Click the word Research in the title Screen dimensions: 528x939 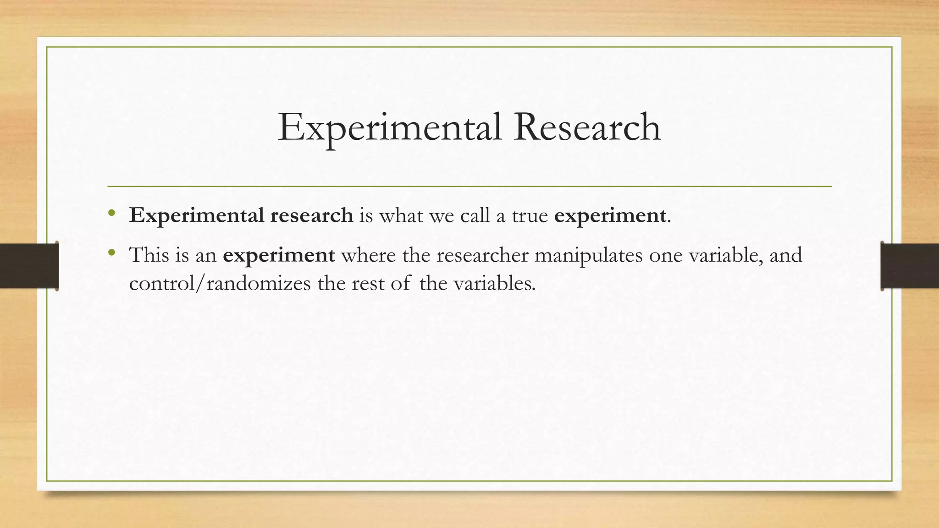[x=587, y=127]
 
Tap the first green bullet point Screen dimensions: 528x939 [x=111, y=213]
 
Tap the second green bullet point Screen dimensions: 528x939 [x=111, y=252]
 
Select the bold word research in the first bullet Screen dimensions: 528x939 [x=311, y=215]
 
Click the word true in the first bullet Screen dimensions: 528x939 [x=530, y=215]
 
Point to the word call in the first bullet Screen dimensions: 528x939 [x=475, y=215]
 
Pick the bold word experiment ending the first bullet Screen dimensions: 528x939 [x=610, y=216]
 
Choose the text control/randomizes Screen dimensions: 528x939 [x=220, y=284]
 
